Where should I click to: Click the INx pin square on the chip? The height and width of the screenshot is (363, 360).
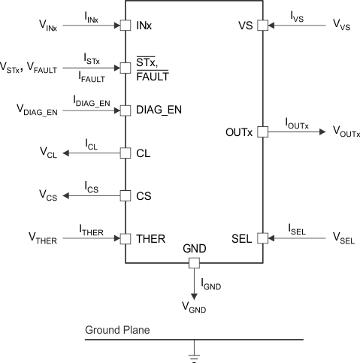pos(126,26)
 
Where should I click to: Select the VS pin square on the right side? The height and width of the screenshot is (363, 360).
pos(262,26)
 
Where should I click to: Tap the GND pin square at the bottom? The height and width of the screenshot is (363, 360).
pos(193,263)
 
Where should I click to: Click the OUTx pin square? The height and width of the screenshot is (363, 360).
pos(262,132)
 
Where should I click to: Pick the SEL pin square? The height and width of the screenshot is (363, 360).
pos(262,238)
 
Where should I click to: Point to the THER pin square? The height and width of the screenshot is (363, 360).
pos(126,238)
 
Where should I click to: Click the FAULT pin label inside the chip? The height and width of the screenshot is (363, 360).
pos(153,75)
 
